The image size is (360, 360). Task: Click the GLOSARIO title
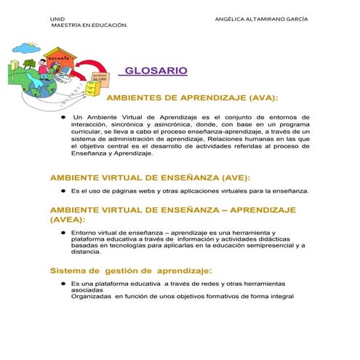point(156,71)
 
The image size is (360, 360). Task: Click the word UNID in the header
point(57,17)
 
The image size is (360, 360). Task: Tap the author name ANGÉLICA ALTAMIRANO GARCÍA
point(262,17)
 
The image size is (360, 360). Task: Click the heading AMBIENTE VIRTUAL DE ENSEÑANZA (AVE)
point(149,177)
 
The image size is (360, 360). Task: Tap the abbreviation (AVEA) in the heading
point(67,218)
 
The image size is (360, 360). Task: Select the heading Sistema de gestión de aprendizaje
point(131,271)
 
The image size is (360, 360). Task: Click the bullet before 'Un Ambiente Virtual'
point(63,116)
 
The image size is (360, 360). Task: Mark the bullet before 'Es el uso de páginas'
point(63,191)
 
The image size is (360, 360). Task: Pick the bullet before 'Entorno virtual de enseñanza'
point(63,233)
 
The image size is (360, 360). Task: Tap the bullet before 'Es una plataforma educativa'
point(63,283)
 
